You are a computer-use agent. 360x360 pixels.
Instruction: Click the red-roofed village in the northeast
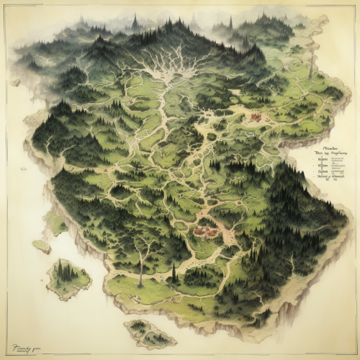(254, 115)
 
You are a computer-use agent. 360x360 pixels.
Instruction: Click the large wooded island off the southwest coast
(68, 277)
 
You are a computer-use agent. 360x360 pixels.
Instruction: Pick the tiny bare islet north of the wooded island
(41, 246)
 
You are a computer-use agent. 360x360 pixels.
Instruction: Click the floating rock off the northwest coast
(15, 82)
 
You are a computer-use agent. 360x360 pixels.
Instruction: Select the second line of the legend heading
(330, 153)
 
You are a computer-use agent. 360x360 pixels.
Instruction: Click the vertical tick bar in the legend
(322, 169)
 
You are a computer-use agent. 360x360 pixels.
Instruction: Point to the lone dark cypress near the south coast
(174, 271)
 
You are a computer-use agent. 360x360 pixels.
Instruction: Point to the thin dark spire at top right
(230, 22)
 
